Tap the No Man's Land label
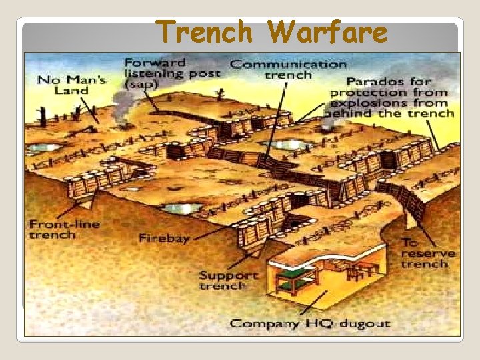coord(62,85)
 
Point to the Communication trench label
coord(288,69)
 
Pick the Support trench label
coord(228,280)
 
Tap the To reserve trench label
coord(427,253)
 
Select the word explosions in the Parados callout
coord(370,103)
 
